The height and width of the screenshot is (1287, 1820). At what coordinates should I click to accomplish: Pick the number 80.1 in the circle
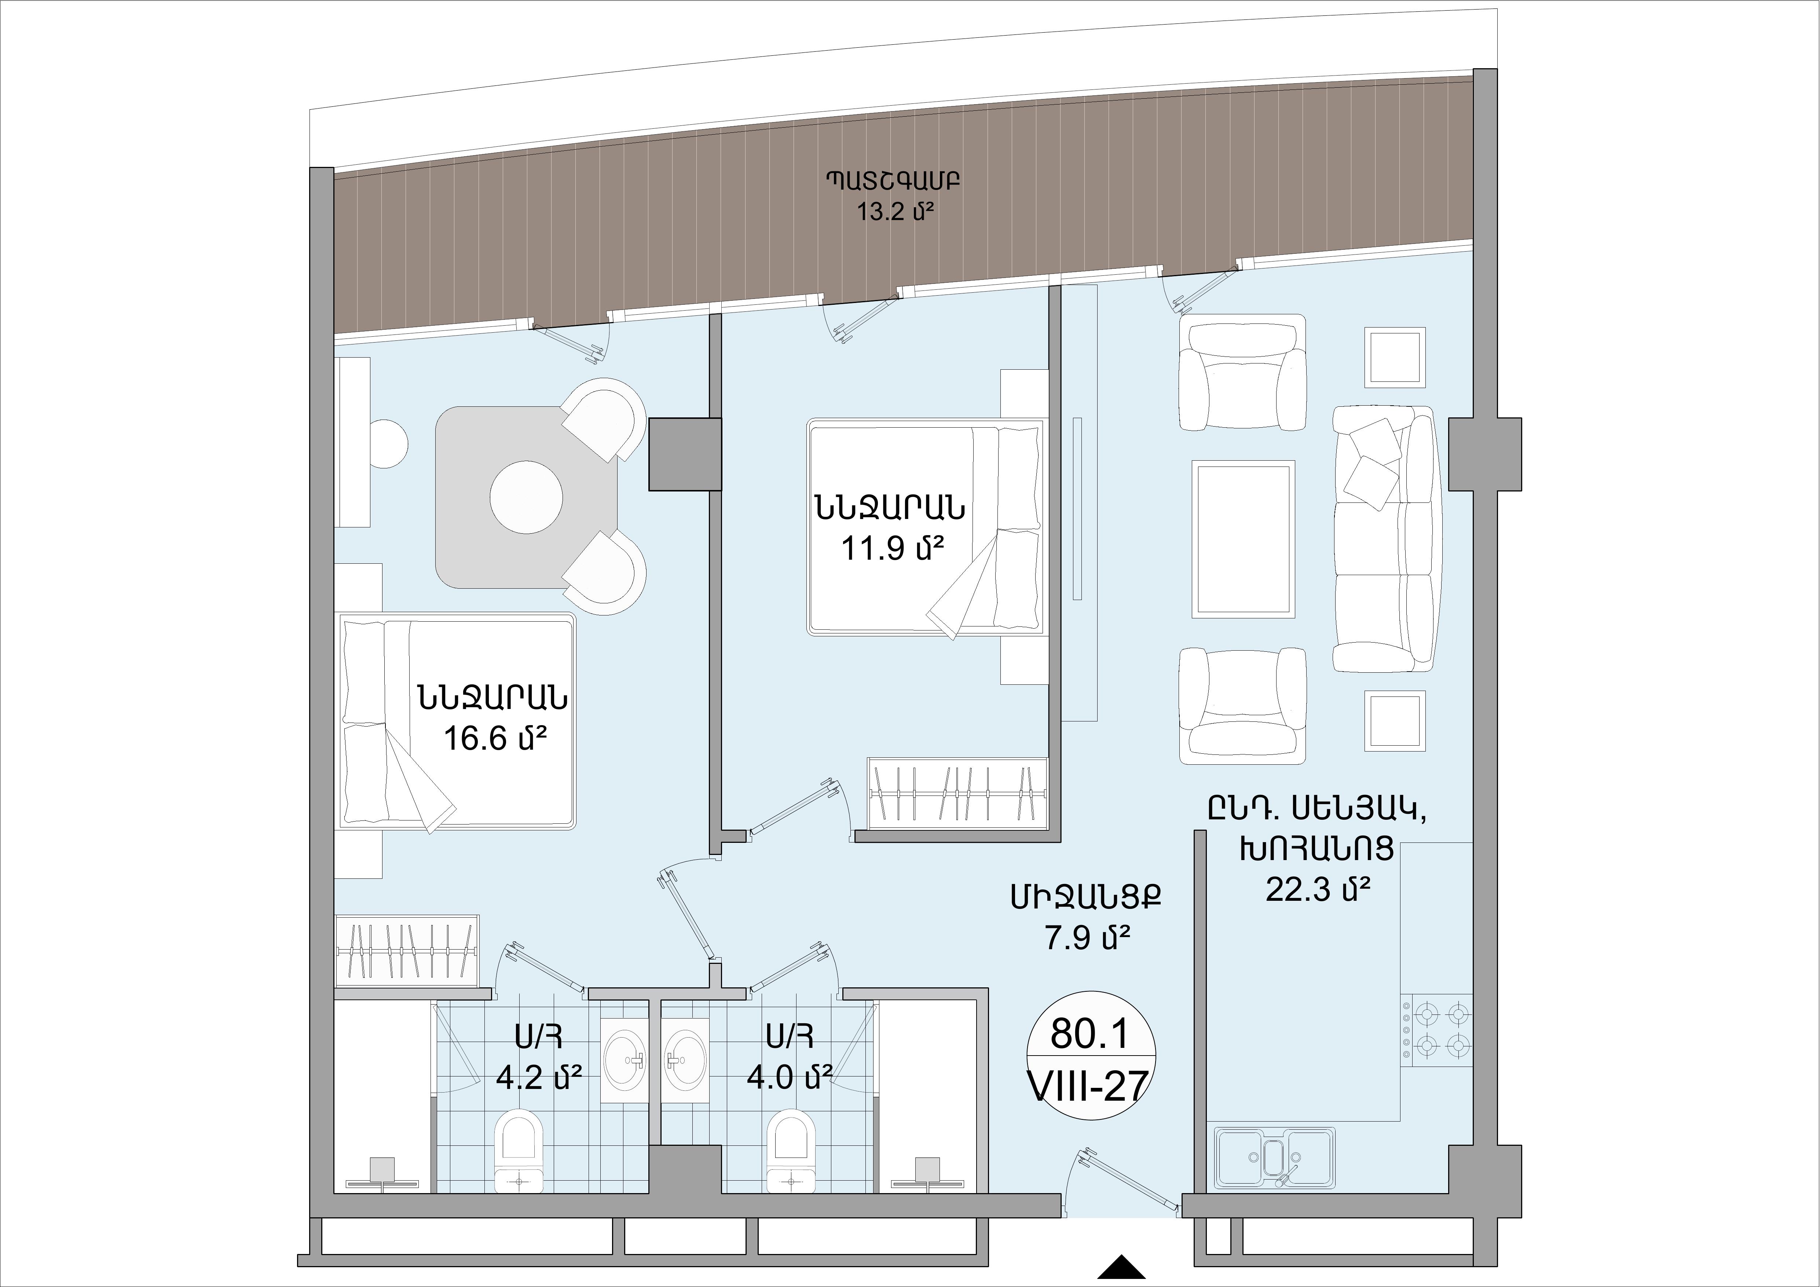(1088, 1033)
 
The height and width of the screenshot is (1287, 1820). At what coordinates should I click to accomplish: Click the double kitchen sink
(1275, 1159)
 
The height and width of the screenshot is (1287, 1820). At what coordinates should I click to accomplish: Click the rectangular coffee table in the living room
(1243, 539)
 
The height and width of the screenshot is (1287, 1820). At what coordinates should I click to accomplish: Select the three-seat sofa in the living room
(1384, 539)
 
